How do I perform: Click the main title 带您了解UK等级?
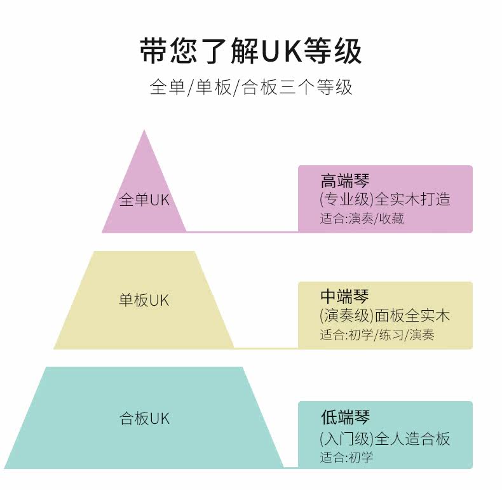coord(251,51)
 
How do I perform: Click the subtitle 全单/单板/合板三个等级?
coord(251,87)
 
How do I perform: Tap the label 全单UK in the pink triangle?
coord(144,200)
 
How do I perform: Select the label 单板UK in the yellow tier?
coord(144,300)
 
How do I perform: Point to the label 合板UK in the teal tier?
coord(144,418)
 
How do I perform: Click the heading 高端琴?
coord(345,180)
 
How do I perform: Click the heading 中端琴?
coord(344,296)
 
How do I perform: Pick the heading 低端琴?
coord(345,417)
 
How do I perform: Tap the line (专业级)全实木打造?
coord(385,199)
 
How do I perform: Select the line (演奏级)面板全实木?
coord(385,315)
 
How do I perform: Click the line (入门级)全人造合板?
coord(385,439)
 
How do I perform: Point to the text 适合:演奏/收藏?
coord(362,219)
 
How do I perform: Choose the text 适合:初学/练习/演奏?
coord(377,335)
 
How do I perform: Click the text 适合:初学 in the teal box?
coord(346,458)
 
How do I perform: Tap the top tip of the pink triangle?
coord(144,130)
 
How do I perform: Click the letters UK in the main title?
coord(282,51)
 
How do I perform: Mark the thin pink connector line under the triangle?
coord(242,231)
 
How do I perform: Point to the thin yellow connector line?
coord(266,348)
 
